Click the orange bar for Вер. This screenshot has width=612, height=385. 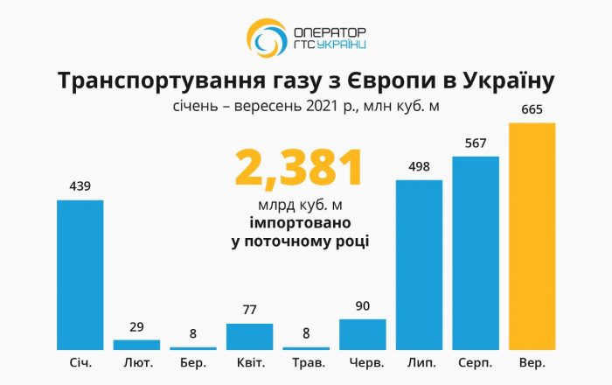coord(532,236)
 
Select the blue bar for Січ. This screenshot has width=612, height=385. coord(80,275)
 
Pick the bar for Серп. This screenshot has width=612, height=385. coord(476,253)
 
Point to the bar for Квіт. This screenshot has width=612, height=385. coord(249,336)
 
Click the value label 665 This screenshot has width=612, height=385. coord(532,111)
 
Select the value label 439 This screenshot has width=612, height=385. coord(80,186)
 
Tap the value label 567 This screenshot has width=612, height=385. coord(476,144)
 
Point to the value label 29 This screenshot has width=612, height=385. coord(136,326)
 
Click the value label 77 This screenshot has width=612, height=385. coord(249,310)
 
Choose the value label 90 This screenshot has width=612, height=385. coord(363,305)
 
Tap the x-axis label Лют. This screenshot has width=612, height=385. coord(136,362)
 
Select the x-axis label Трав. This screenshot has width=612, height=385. coord(306,362)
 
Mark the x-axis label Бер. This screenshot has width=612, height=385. coord(193,362)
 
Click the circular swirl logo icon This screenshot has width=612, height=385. coord(265,38)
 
